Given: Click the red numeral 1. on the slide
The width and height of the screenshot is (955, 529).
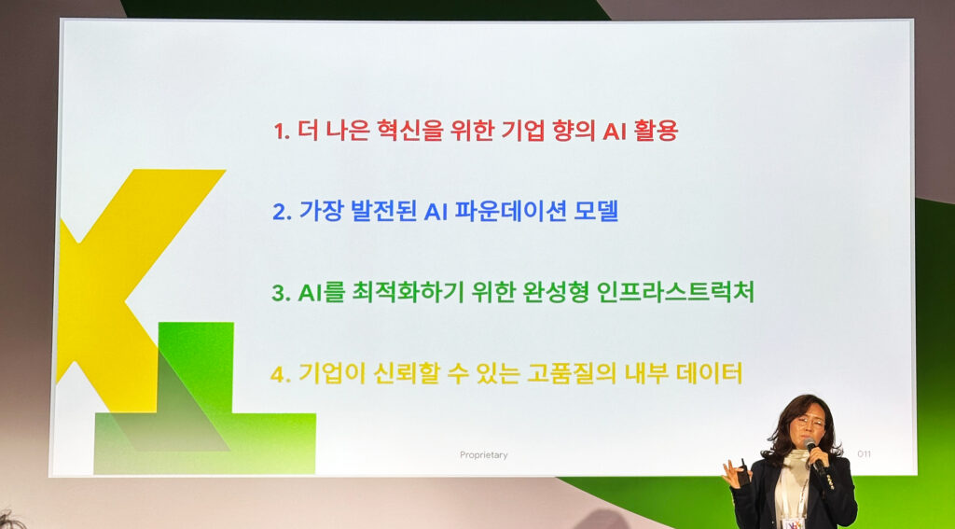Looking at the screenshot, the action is coord(282,132).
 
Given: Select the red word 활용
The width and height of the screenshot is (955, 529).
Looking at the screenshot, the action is coord(657,131).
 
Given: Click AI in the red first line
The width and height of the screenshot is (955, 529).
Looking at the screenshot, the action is coord(614,132).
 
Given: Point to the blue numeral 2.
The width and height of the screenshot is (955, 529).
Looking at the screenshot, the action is coord(282,213).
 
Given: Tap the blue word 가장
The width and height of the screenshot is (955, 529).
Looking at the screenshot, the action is coord(321,212).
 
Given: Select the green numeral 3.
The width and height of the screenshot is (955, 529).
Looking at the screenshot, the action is coord(281,294).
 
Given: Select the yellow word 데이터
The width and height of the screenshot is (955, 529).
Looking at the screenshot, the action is coord(709,374).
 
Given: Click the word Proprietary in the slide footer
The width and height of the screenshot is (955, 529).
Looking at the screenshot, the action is coord(484,455).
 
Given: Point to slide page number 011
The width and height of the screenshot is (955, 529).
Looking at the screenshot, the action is coord(864,453).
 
